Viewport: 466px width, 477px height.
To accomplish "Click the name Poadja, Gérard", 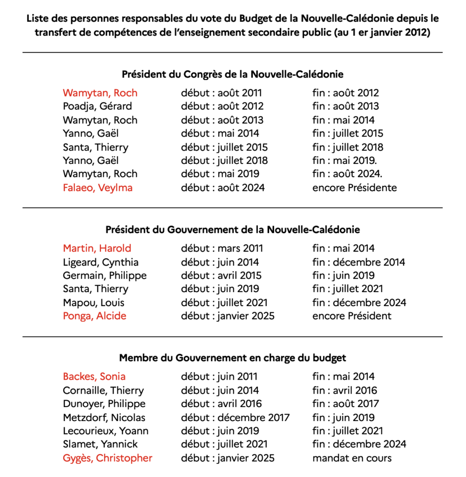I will [97, 106].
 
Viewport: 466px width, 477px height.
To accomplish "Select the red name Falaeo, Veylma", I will [98, 188].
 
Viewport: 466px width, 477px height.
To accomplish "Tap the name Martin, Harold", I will [97, 248].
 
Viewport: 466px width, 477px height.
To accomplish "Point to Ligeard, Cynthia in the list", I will [101, 262].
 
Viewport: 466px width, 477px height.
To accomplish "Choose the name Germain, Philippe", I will [105, 276].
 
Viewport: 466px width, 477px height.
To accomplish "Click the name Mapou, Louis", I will [94, 303].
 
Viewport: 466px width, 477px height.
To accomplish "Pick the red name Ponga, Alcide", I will [95, 316].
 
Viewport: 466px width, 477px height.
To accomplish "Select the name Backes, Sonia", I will [94, 376].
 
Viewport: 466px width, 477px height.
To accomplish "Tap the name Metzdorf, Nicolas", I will [104, 418].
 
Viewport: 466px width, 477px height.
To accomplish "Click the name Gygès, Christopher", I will [108, 458].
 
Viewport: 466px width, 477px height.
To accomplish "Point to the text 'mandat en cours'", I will [352, 458].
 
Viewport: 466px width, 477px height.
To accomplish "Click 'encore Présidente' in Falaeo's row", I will [355, 188].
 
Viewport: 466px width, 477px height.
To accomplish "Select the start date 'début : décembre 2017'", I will [235, 418].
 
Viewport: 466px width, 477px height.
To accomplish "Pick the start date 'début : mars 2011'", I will [222, 248].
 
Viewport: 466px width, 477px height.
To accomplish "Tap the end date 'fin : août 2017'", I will [345, 404].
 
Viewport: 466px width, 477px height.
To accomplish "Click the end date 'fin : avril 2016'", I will [344, 390].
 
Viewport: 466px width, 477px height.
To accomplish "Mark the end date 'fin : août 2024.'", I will [347, 174].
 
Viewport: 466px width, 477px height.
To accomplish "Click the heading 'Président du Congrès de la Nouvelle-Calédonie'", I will [233, 75].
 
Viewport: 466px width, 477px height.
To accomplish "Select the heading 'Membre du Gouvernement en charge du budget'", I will [233, 358].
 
